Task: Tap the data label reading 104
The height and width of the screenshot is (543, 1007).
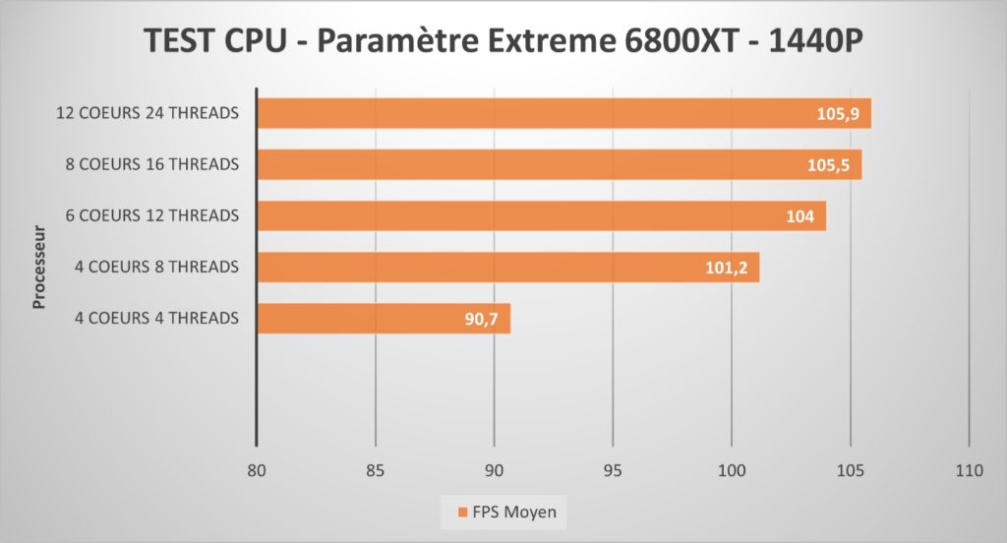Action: [800, 216]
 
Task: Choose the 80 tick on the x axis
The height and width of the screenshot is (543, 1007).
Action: [256, 470]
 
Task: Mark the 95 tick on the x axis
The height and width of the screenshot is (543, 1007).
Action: [613, 470]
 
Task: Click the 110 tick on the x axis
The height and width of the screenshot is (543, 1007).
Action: [969, 470]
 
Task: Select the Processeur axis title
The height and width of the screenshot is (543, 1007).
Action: [40, 268]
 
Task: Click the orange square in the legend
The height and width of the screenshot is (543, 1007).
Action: [461, 512]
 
